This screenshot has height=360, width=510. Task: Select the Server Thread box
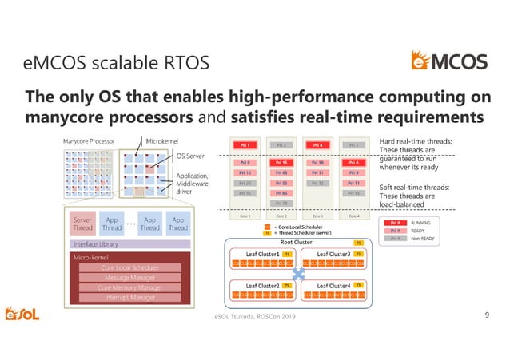click(82, 223)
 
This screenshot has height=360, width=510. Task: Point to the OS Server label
click(191, 156)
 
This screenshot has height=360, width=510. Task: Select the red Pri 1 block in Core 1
click(245, 145)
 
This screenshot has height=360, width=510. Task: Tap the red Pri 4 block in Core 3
click(318, 145)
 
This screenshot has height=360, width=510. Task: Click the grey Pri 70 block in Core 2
click(281, 204)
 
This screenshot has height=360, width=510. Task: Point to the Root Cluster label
click(297, 242)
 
